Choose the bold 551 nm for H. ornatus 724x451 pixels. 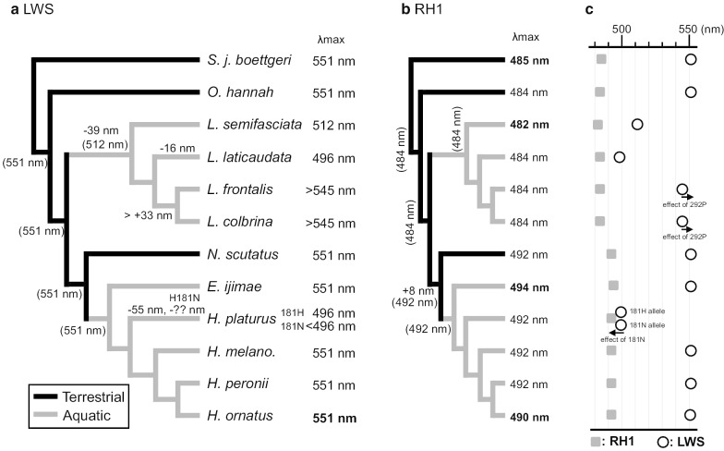[x=333, y=416]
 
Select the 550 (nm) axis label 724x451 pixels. [x=700, y=29]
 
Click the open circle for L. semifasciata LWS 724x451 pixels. [x=636, y=124]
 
